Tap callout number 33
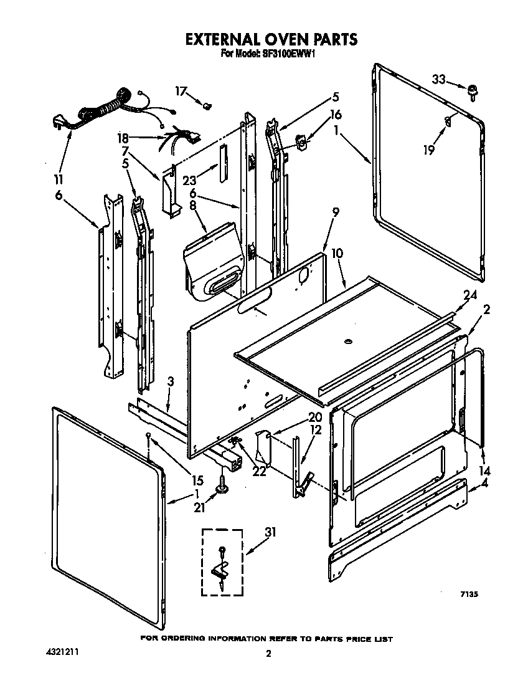[439, 80]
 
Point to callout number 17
[181, 91]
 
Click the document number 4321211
[63, 651]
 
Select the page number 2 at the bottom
[268, 654]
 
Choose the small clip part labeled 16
[301, 145]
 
